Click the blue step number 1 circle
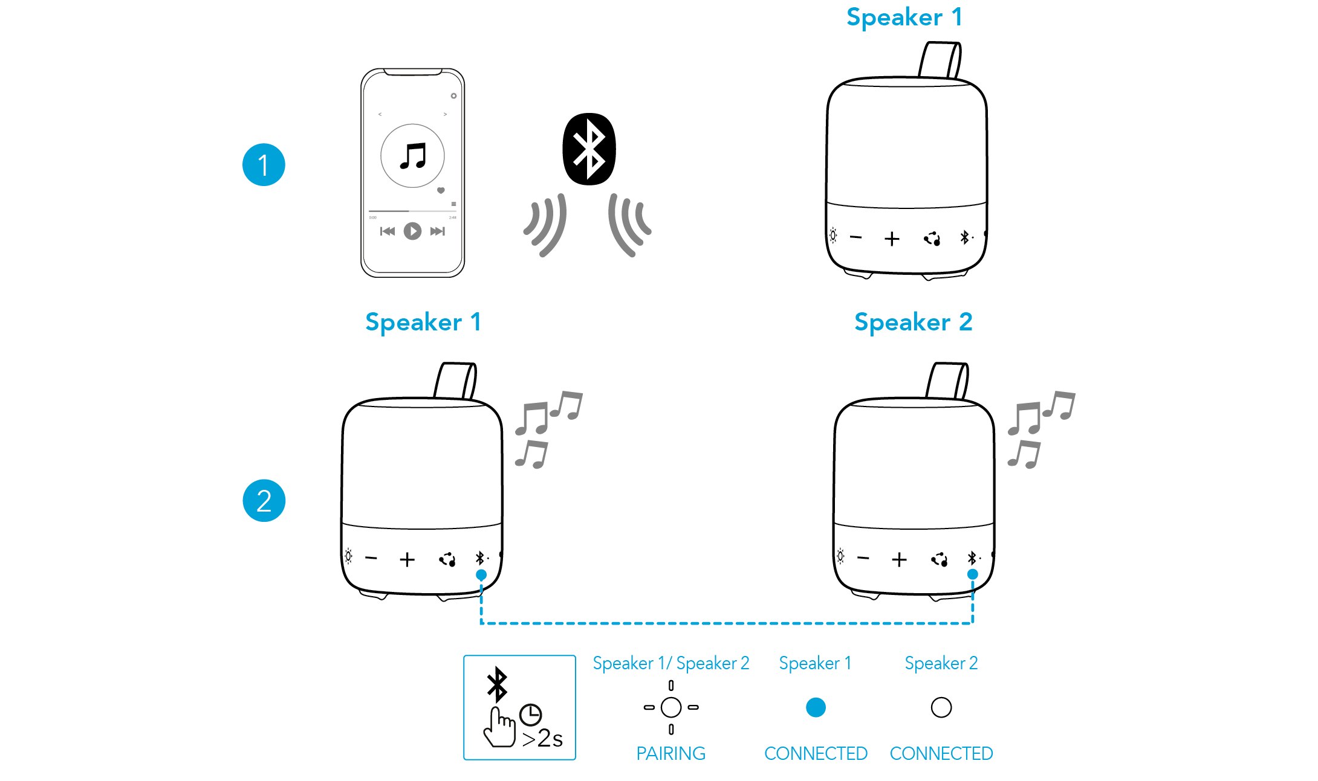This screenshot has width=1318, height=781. pyautogui.click(x=264, y=165)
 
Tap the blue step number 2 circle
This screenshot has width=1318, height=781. pyautogui.click(x=264, y=501)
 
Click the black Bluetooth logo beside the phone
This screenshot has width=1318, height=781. pyautogui.click(x=589, y=149)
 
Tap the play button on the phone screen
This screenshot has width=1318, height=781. pyautogui.click(x=412, y=231)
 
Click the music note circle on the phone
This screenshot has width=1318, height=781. pyautogui.click(x=412, y=156)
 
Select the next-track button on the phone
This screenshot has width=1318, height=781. pyautogui.click(x=438, y=231)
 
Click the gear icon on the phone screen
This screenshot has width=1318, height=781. pyautogui.click(x=453, y=96)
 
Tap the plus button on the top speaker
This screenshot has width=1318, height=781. pyautogui.click(x=892, y=239)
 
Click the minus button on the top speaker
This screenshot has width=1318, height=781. pyautogui.click(x=855, y=237)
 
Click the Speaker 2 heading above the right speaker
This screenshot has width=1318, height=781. pyautogui.click(x=913, y=323)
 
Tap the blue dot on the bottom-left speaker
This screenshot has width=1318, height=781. pyautogui.click(x=481, y=574)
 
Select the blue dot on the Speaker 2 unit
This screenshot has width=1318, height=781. pyautogui.click(x=972, y=574)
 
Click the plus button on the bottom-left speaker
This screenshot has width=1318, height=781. pyautogui.click(x=407, y=560)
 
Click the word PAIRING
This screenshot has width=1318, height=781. pyautogui.click(x=671, y=753)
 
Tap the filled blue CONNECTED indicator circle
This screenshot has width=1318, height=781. pyautogui.click(x=816, y=707)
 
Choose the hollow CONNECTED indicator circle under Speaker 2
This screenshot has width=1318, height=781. pyautogui.click(x=941, y=707)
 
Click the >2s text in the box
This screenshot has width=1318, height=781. pyautogui.click(x=542, y=738)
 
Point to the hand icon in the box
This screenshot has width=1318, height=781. pyautogui.click(x=499, y=728)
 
